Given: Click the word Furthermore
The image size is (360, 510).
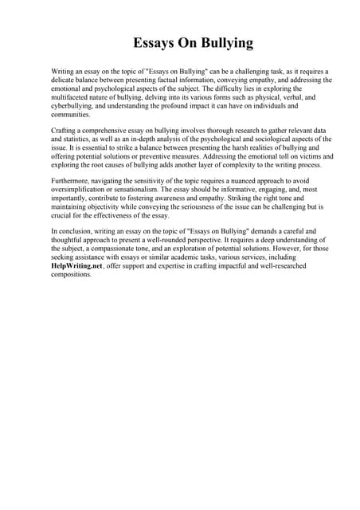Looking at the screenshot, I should [x=71, y=182].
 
